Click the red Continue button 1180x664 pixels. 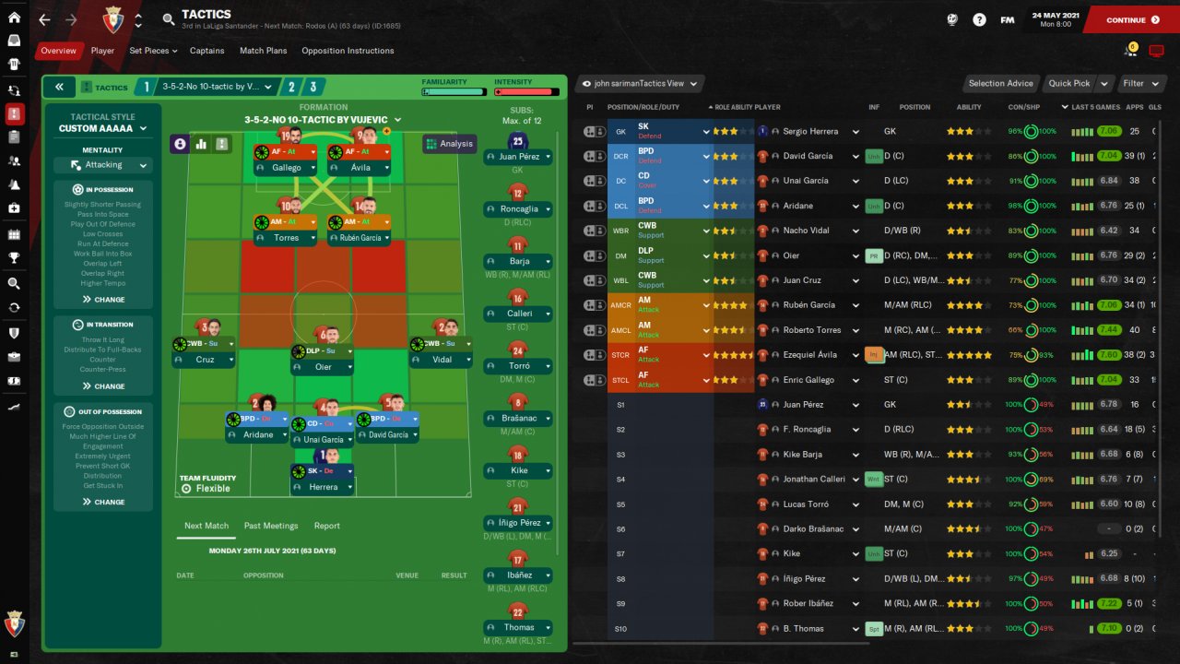[1132, 19]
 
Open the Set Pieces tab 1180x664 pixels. [152, 51]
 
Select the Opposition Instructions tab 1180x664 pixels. [348, 51]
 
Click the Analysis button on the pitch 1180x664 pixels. [449, 144]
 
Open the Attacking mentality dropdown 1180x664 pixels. [102, 165]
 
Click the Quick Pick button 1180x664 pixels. [1069, 83]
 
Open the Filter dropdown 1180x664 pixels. [1139, 83]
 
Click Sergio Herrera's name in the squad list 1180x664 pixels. [809, 132]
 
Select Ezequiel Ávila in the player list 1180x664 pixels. [809, 355]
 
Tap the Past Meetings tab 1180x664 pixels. [271, 526]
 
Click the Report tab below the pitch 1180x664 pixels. [326, 526]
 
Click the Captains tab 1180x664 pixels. [207, 51]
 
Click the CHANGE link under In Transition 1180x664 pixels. [103, 386]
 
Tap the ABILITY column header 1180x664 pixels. [968, 107]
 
